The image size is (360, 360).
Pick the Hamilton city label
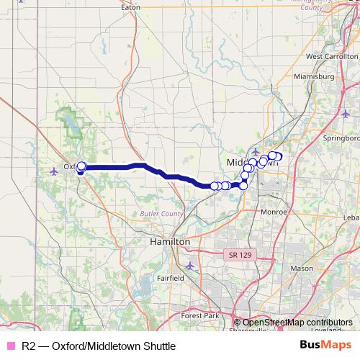[x=170, y=242]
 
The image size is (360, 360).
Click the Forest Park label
[x=200, y=315]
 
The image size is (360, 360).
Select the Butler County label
[x=162, y=215]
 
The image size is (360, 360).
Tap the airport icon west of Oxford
[x=55, y=171]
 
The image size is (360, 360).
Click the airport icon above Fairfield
[x=189, y=266]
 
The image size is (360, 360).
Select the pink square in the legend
[x=9, y=346]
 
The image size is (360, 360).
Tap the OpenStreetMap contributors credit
[x=297, y=323]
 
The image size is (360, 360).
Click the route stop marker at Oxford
[x=81, y=167]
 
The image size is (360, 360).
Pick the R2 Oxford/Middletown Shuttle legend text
[x=99, y=346]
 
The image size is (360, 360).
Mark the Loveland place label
[x=328, y=329]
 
